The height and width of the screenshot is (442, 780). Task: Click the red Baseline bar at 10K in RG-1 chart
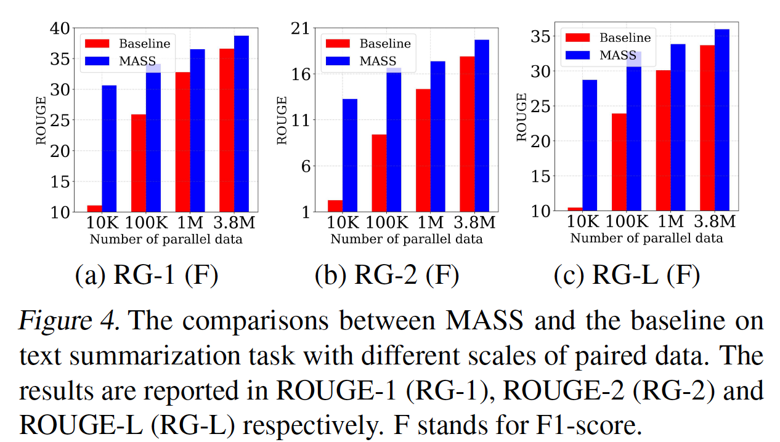coord(94,209)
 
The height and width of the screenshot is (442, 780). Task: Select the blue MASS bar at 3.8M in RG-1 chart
coord(241,124)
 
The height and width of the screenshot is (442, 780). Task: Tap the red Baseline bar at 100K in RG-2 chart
coord(379,173)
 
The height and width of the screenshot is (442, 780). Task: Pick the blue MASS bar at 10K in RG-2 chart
coord(350,155)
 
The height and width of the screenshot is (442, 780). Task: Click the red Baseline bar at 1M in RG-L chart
coord(663,140)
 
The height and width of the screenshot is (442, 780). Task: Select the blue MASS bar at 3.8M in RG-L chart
coord(721,119)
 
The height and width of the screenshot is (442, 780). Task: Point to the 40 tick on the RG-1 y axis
coord(60,28)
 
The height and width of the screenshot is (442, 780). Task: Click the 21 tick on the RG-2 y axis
coord(302,28)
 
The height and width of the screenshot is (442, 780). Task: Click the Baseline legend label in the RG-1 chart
coord(144,44)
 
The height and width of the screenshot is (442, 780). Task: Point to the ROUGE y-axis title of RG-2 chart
coord(282,120)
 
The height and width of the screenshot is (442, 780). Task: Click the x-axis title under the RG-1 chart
coord(166,239)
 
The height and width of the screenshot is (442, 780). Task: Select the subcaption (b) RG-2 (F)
coord(387,276)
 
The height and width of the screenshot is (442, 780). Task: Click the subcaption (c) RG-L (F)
coord(627,276)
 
